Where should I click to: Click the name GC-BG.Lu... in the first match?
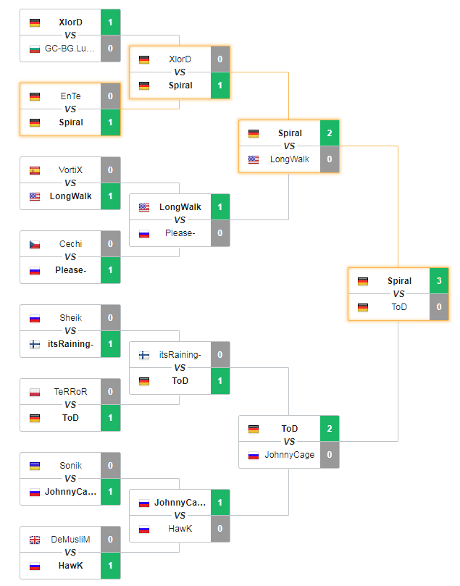click(x=70, y=49)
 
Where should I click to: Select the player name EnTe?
click(x=70, y=96)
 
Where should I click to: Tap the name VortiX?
click(x=70, y=170)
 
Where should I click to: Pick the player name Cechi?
click(x=70, y=244)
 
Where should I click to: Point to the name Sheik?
click(x=70, y=318)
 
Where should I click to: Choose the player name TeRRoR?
click(x=70, y=392)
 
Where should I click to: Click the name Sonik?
click(x=70, y=466)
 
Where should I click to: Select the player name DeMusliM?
click(x=70, y=540)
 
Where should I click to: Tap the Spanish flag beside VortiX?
click(x=35, y=170)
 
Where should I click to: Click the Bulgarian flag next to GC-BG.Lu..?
click(x=35, y=49)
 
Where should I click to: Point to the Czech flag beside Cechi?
click(x=35, y=244)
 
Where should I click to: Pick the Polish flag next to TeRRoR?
click(x=35, y=392)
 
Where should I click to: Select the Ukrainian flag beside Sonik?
click(x=35, y=466)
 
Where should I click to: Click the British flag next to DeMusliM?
click(x=35, y=540)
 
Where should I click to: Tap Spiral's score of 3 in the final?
click(x=439, y=281)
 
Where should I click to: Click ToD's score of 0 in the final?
click(x=439, y=307)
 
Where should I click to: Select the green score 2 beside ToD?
click(x=330, y=429)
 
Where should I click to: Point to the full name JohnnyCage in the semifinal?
click(x=289, y=455)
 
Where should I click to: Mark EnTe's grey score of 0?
click(x=111, y=96)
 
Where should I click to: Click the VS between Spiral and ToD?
click(x=398, y=294)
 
